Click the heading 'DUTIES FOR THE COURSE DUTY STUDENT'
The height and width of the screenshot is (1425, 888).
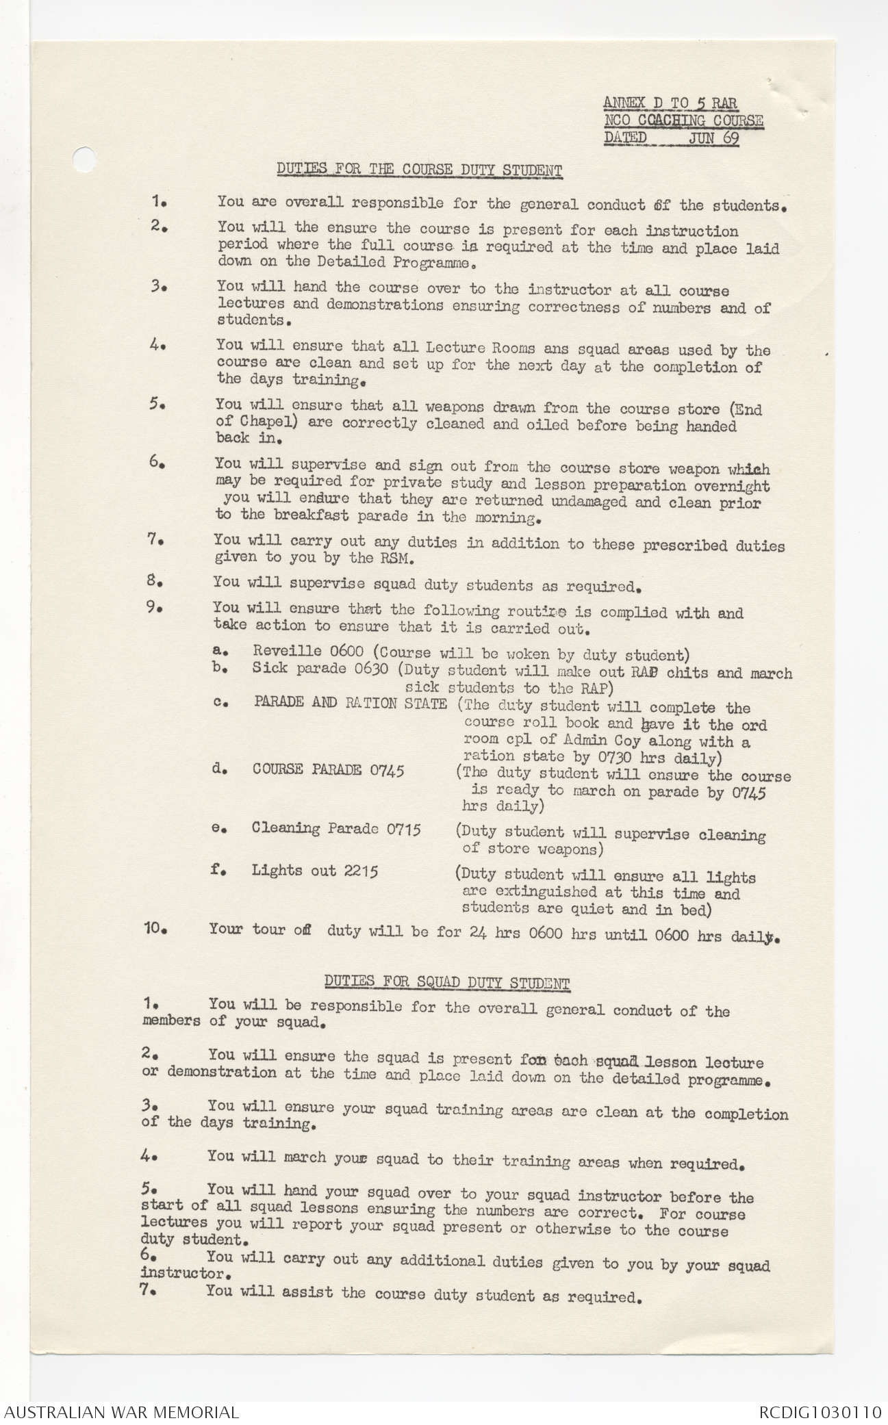[419, 169]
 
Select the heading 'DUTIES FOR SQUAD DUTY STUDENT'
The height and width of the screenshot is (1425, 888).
[446, 983]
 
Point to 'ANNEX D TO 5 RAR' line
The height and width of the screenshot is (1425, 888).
[670, 104]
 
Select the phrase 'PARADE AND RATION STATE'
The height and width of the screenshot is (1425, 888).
[350, 703]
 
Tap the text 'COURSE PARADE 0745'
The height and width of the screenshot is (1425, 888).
[328, 770]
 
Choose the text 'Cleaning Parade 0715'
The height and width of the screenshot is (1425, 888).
[335, 829]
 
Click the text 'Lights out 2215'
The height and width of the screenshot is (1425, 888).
[314, 871]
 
